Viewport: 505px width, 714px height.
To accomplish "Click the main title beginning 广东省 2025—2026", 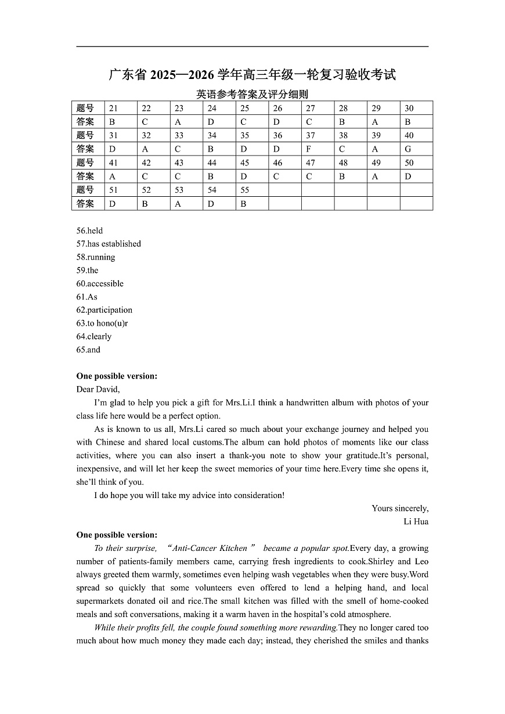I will click(252, 75).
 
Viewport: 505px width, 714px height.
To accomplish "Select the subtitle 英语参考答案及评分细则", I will click(252, 94).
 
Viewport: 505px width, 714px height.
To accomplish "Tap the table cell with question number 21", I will click(120, 108).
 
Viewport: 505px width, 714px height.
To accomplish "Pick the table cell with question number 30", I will click(416, 108).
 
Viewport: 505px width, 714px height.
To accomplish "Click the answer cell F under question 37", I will click(317, 149).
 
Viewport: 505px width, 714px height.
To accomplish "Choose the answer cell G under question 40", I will click(416, 149).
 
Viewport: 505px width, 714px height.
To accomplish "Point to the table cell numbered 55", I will click(251, 190).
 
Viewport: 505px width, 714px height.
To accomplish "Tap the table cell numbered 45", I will click(251, 163).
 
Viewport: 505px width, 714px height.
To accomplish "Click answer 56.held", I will click(89, 230).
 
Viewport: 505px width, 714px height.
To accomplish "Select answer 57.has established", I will click(109, 244).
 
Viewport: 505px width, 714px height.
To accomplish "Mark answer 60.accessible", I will click(100, 283).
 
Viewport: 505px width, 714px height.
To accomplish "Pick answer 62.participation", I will click(104, 310).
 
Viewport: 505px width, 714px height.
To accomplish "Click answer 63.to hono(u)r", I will click(102, 323).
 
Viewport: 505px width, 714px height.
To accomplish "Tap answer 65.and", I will click(88, 349).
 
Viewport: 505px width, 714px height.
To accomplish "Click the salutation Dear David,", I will click(98, 389).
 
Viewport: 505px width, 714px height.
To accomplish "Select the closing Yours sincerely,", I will click(400, 509).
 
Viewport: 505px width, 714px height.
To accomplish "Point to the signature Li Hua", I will click(416, 521).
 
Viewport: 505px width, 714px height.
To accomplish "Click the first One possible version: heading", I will click(117, 376).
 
